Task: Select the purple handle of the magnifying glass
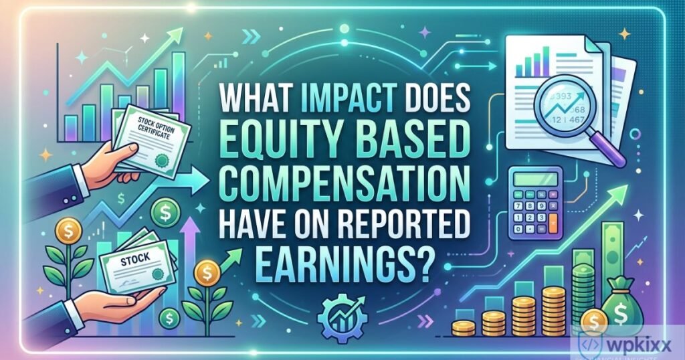point(612,151)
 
